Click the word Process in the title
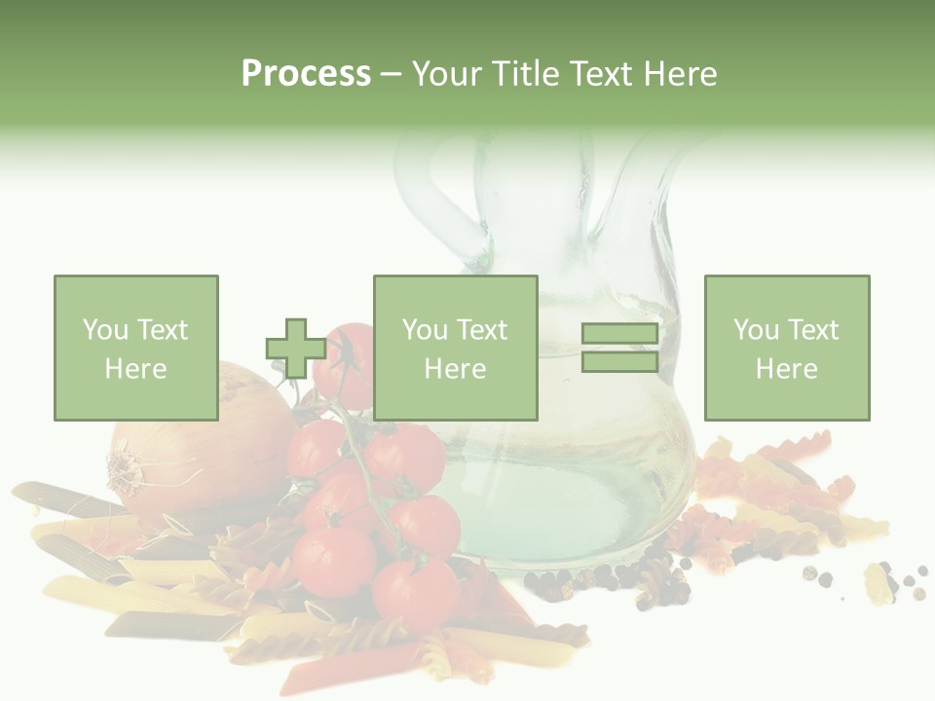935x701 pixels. click(306, 74)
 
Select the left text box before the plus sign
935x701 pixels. click(135, 348)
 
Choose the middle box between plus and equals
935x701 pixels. click(455, 348)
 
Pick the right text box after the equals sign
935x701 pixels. click(786, 348)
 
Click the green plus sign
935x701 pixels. click(296, 349)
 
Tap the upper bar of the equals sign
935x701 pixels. click(619, 333)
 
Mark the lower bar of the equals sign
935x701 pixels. click(619, 362)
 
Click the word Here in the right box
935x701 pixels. click(786, 369)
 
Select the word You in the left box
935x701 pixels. click(103, 330)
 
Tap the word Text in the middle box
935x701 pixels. click(481, 330)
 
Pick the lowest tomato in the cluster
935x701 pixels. click(415, 592)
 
